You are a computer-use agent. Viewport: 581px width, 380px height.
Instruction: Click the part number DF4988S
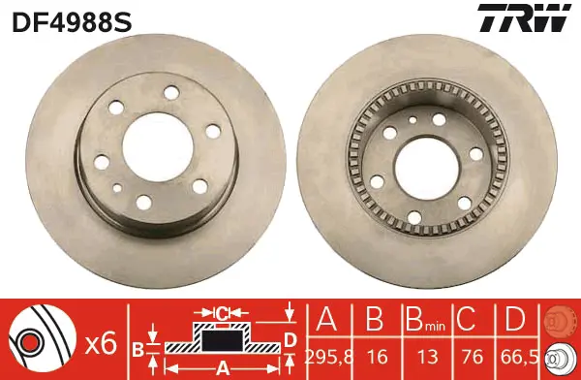[72, 22]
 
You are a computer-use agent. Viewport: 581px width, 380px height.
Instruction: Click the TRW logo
[524, 17]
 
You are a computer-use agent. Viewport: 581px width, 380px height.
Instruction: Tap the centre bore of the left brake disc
[158, 147]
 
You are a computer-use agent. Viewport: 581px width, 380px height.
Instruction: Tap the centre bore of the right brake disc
[426, 168]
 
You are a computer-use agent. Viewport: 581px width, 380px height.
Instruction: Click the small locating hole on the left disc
[117, 188]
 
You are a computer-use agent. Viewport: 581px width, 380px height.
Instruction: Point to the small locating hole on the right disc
[413, 119]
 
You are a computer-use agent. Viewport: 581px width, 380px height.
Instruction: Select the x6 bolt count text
[101, 343]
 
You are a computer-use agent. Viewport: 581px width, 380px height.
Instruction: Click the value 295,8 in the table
[329, 357]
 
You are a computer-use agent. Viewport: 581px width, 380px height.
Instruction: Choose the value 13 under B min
[427, 357]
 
